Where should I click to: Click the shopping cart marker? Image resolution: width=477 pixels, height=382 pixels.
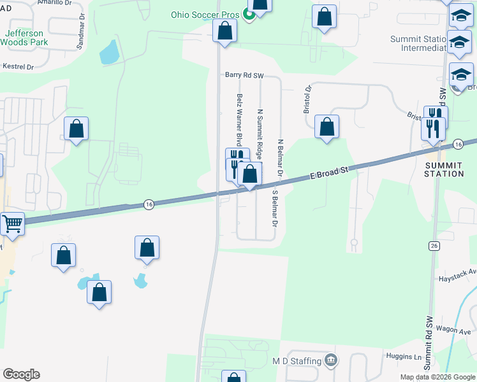[x=13, y=223]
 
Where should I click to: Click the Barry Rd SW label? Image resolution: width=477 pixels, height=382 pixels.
[x=244, y=74]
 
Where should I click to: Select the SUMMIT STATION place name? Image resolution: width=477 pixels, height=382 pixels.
[x=444, y=169]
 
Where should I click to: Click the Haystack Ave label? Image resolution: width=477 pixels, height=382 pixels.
[x=463, y=271]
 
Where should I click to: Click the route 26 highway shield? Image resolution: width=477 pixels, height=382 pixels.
[x=434, y=245]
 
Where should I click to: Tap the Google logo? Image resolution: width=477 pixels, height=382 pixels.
[x=21, y=374]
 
